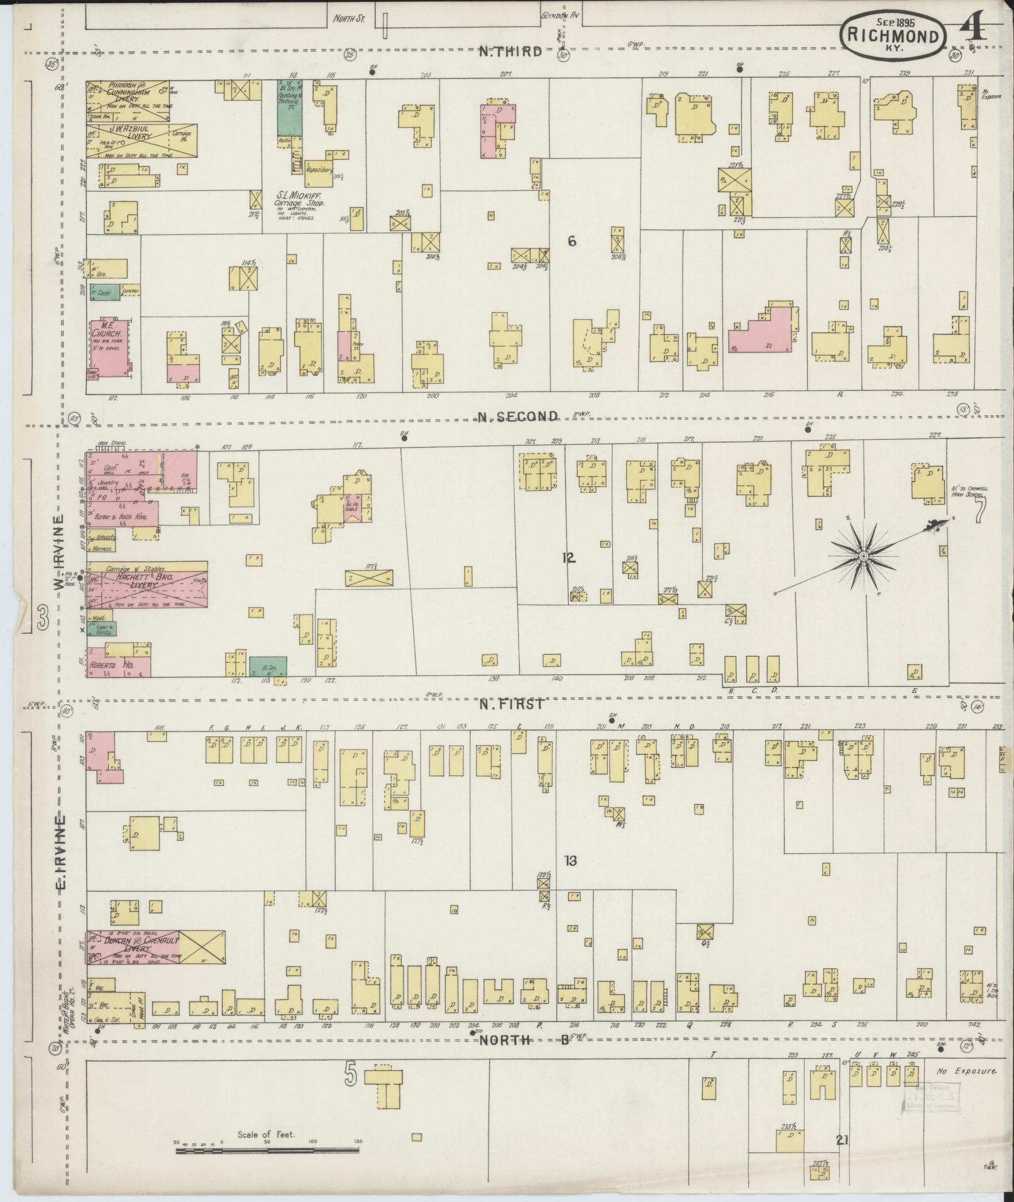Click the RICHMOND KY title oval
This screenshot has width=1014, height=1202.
click(x=894, y=36)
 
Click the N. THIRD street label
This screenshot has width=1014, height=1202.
click(x=510, y=52)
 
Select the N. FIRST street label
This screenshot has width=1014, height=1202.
click(x=510, y=704)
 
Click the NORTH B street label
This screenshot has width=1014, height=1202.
click(x=524, y=1040)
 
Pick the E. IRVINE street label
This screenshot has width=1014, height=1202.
click(x=61, y=855)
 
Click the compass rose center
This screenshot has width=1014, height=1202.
click(x=864, y=557)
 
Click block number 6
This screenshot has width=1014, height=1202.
click(x=571, y=241)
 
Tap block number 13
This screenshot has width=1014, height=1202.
click(x=570, y=861)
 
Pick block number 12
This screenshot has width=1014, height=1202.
click(x=569, y=557)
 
